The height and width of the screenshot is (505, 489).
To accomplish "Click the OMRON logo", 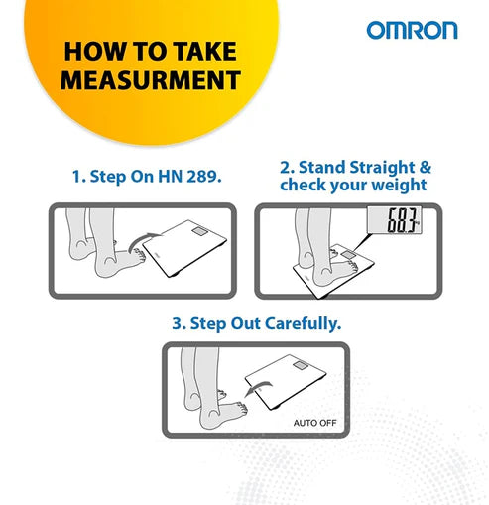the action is (412, 31).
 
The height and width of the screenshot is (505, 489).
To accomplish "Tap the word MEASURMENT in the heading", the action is (151, 80).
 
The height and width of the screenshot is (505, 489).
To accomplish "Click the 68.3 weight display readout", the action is (402, 220).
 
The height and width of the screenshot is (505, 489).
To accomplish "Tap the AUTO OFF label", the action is (314, 423).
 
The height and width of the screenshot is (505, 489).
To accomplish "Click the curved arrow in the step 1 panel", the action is (143, 241).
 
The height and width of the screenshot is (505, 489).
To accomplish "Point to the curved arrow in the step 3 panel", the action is (258, 388).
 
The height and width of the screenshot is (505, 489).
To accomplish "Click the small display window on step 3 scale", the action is (301, 366).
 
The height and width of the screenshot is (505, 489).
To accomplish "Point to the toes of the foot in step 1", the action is (140, 256).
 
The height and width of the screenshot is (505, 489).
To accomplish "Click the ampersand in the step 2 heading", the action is (426, 167).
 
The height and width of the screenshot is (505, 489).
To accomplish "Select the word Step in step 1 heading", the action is (108, 177).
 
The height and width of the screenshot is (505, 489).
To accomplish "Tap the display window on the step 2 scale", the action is (348, 255).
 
